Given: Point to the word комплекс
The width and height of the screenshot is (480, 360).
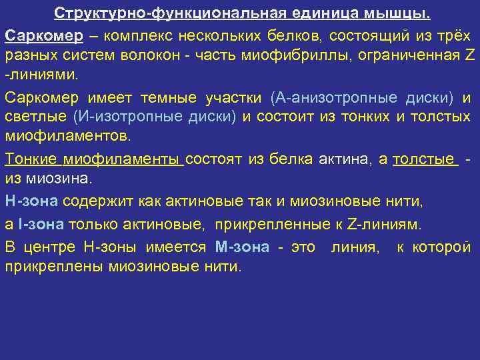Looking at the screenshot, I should pos(130,34).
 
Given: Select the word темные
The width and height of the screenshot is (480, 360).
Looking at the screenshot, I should pos(168,98).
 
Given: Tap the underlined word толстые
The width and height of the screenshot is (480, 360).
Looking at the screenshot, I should pos(425,159).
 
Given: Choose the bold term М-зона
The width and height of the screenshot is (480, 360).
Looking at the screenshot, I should pos(242,247).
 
